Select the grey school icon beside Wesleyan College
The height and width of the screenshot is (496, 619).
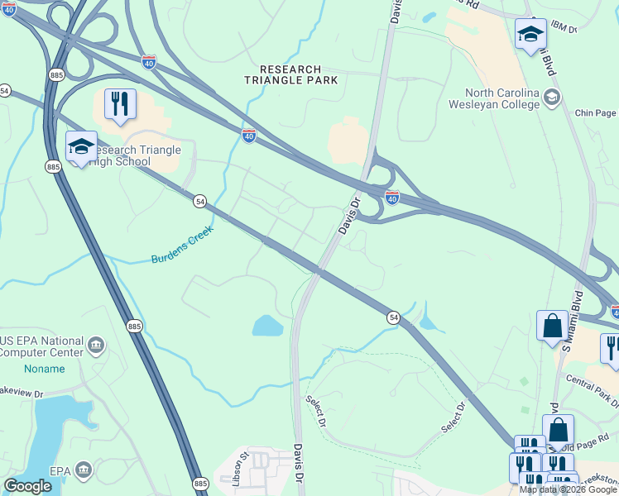[x=550, y=98]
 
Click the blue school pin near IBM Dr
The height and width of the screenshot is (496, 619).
[x=530, y=34]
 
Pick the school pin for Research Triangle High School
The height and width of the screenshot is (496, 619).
[x=81, y=146]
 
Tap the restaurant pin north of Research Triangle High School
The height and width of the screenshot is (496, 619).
[x=120, y=104]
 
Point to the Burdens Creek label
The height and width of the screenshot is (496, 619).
[x=182, y=245]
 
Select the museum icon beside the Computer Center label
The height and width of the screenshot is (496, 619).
[x=97, y=344]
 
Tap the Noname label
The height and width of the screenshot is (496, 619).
[x=44, y=369]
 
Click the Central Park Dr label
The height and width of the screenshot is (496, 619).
[x=593, y=392]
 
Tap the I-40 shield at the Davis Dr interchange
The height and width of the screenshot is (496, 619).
[x=392, y=197]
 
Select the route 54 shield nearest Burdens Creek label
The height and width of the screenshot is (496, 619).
[x=199, y=201]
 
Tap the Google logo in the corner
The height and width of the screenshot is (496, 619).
[x=27, y=486]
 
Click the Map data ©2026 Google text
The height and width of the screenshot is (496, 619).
[x=567, y=489]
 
